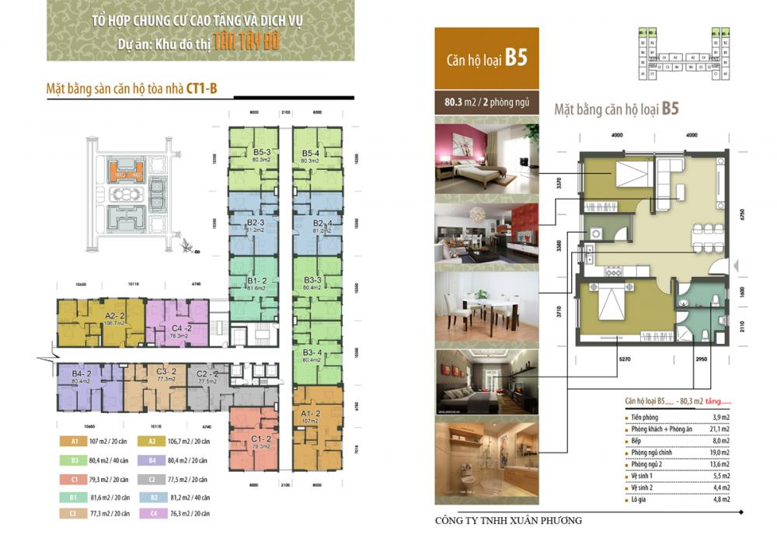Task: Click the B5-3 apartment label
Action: [261, 153]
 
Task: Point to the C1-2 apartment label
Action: [262, 439]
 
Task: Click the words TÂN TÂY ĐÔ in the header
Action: [248, 42]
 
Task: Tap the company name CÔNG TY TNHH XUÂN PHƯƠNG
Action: [509, 520]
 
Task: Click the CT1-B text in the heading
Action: [201, 89]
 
